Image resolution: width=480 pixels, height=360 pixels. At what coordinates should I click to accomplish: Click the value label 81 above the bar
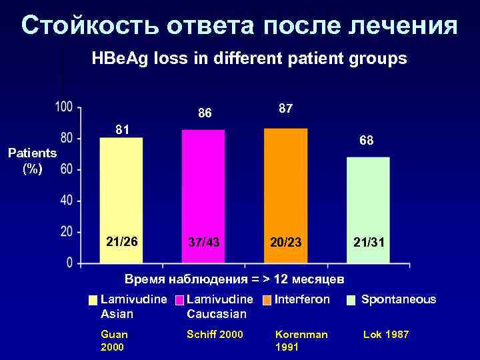click(x=121, y=128)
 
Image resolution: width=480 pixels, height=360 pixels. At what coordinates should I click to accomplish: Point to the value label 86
click(x=204, y=113)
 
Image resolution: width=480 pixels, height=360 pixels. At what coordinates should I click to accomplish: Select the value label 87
click(x=285, y=108)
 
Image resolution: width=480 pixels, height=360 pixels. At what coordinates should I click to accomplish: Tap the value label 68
click(x=366, y=141)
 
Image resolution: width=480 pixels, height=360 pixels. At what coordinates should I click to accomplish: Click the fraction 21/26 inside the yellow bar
click(x=121, y=241)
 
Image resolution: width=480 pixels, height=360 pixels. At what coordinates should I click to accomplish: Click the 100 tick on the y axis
click(x=64, y=107)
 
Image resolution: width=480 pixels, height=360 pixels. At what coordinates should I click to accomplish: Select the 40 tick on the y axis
click(x=67, y=201)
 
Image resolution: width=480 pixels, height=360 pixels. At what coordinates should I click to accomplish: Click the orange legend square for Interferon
click(x=268, y=301)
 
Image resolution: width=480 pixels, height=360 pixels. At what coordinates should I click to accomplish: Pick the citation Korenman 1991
click(x=301, y=341)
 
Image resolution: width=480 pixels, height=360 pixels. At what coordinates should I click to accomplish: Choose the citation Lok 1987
click(x=385, y=335)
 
